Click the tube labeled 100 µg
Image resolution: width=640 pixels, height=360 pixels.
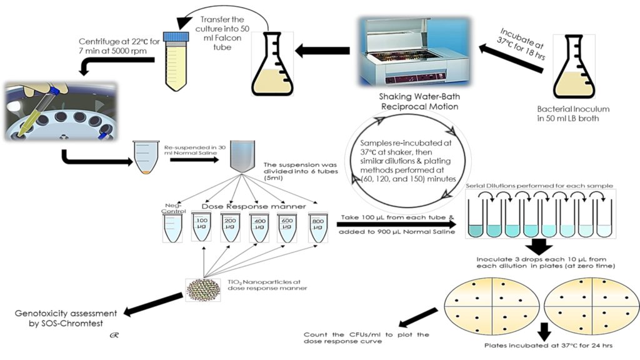pos(201,226)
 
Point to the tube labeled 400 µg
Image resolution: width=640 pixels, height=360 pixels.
pos(259,226)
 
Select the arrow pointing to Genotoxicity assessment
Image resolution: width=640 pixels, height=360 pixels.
pos(154,304)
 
